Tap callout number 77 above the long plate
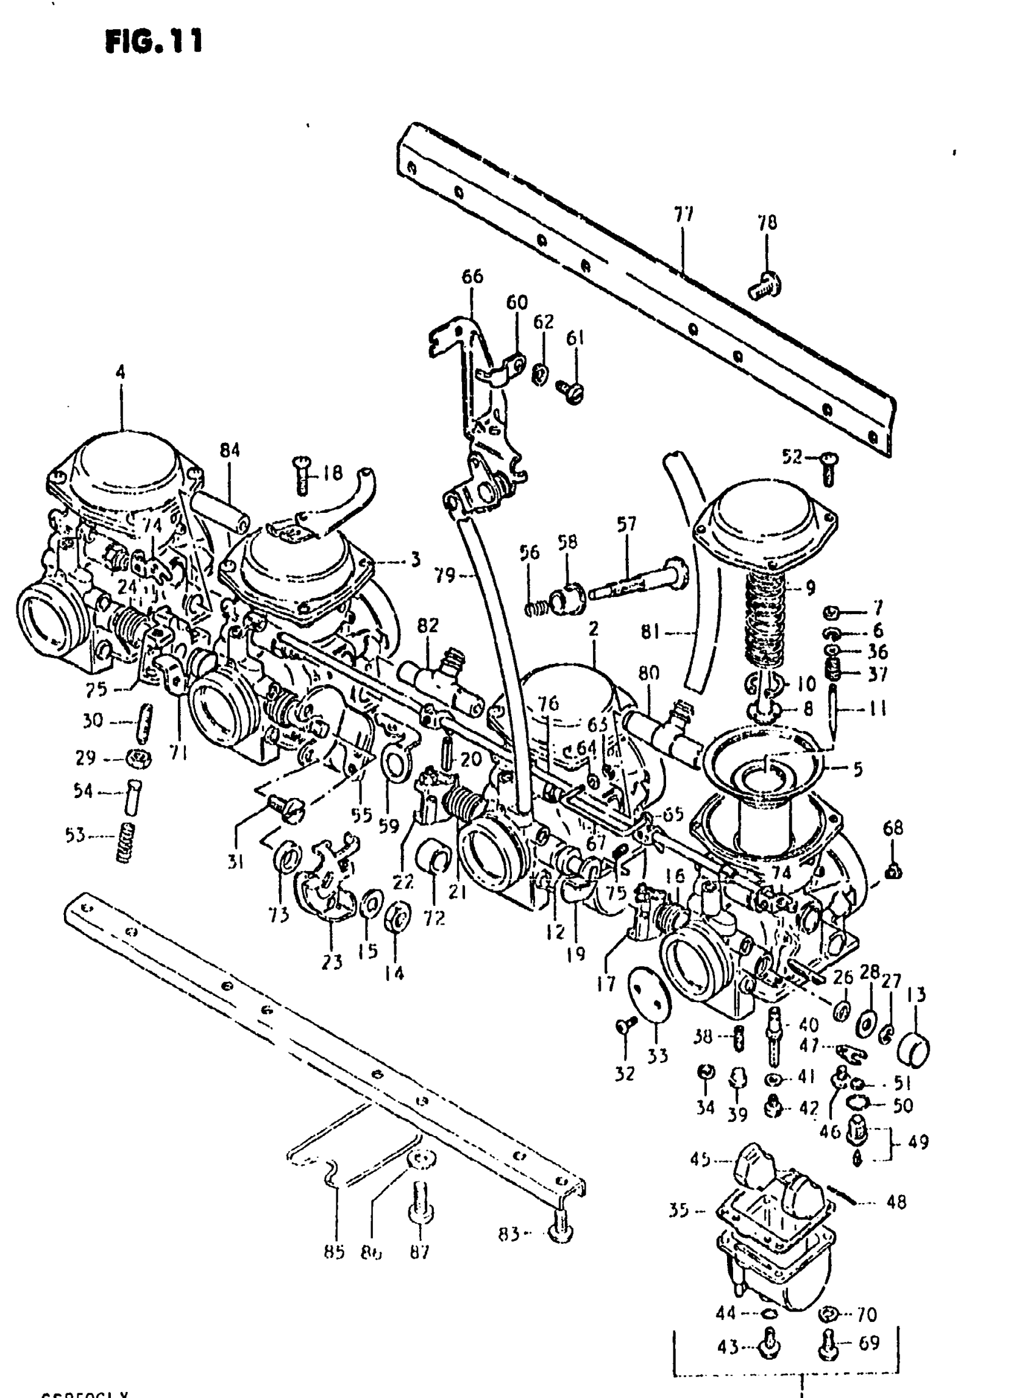point(683,215)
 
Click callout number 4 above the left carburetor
point(120,372)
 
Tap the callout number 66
point(472,276)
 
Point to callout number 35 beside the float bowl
point(679,1210)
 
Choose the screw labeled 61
point(572,392)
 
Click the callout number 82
point(428,625)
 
